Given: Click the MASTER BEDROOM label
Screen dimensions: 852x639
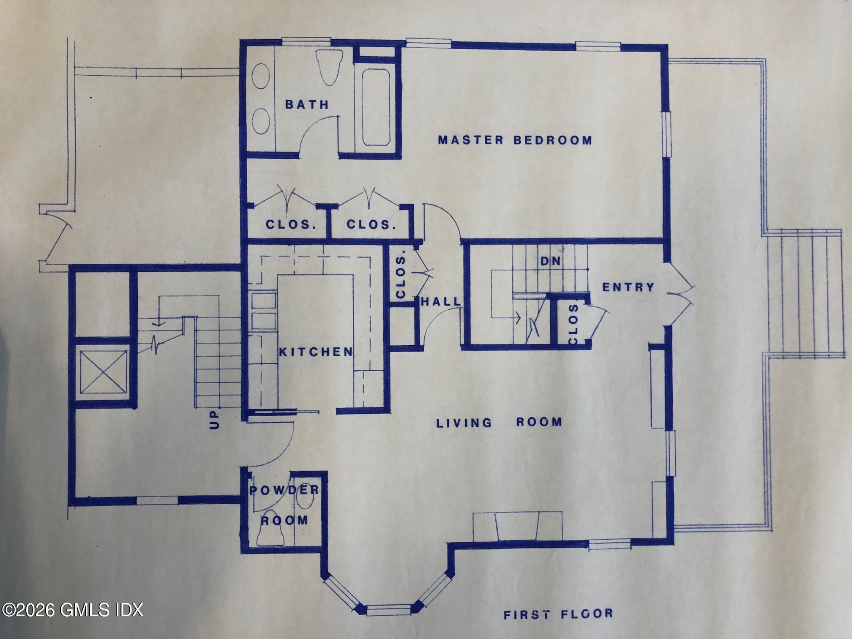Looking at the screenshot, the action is [x=515, y=140].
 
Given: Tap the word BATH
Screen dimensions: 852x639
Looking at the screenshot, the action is [x=307, y=104].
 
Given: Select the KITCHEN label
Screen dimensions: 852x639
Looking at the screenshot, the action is [x=316, y=352].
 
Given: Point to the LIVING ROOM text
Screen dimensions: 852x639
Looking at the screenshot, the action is [x=499, y=422].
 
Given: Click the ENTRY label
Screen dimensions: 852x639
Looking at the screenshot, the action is [x=628, y=287].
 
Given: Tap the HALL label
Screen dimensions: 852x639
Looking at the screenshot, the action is [x=441, y=301].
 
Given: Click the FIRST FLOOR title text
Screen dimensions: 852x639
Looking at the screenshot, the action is [x=558, y=614].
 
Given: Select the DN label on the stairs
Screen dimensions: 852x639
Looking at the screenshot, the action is [x=551, y=261].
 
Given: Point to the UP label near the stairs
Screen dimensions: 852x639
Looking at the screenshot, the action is [x=215, y=419].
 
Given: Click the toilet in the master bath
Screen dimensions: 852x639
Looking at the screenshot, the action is [x=330, y=68].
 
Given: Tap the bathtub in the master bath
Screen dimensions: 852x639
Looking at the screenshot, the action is [x=376, y=107].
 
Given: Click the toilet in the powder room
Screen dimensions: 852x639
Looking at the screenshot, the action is [x=270, y=528].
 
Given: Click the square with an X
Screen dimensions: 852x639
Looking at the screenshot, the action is [x=104, y=372].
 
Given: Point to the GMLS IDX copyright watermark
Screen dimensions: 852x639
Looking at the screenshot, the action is [x=72, y=610].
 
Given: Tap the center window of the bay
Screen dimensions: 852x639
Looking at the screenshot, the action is [x=389, y=610].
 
